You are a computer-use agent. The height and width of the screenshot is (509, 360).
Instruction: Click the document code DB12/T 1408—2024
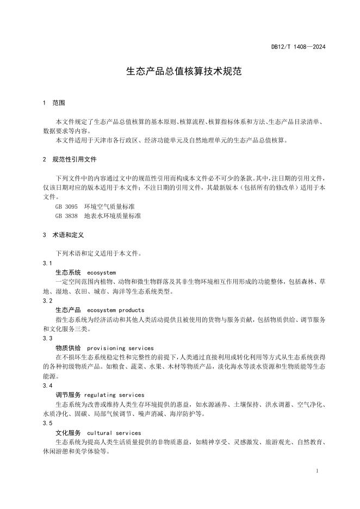click(299, 47)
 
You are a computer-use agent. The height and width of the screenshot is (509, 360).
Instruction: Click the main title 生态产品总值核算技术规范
click(179, 71)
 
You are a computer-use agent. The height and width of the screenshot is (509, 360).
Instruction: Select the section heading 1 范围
click(54, 103)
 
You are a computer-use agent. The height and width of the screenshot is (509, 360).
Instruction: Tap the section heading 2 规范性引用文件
click(70, 160)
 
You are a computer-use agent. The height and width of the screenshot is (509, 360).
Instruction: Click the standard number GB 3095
click(66, 207)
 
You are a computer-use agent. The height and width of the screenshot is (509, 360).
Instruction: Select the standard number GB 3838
click(66, 216)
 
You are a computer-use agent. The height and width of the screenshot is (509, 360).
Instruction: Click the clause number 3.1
click(47, 263)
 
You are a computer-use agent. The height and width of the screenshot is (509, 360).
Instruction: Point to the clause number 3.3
click(47, 338)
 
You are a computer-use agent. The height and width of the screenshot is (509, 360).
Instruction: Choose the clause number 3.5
click(47, 423)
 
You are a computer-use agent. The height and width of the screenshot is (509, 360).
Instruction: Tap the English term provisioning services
click(120, 348)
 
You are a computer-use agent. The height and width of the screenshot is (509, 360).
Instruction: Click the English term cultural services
click(114, 433)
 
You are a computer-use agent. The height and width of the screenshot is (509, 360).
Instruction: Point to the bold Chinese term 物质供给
click(68, 348)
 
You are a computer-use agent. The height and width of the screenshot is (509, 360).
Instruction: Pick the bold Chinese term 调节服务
click(68, 395)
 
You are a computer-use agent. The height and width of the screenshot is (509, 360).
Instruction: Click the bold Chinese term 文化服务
click(68, 433)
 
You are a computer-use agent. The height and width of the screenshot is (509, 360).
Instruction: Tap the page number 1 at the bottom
click(317, 470)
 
